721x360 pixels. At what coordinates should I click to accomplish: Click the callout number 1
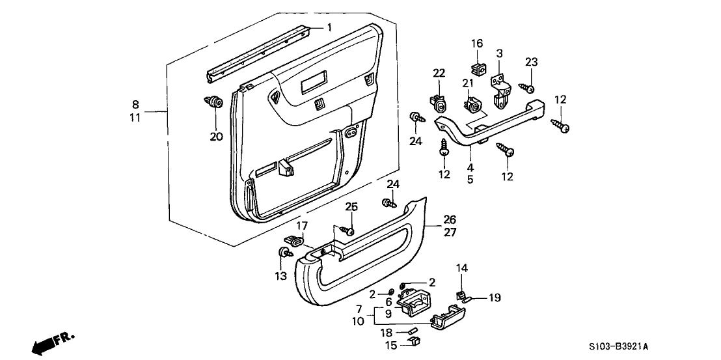(x=329, y=27)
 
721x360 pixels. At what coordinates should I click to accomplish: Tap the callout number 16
(x=477, y=44)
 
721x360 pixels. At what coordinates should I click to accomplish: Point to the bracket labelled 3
(x=500, y=90)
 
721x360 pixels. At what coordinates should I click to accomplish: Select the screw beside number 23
(x=526, y=87)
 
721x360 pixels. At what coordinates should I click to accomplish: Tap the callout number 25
(x=351, y=207)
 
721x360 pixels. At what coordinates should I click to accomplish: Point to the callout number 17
(x=301, y=226)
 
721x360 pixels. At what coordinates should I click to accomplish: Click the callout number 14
(x=461, y=268)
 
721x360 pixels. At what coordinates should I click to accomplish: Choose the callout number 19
(x=495, y=298)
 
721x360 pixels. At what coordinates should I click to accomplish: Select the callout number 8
(x=135, y=105)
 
